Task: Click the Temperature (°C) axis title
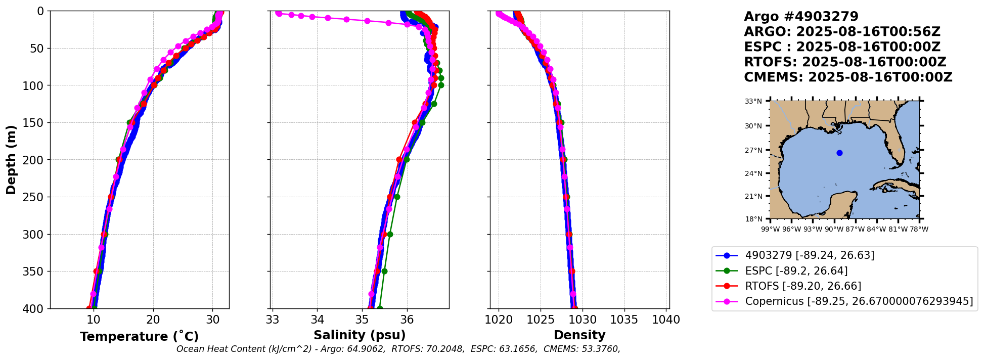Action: pos(139,337)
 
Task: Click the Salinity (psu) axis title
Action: pos(360,335)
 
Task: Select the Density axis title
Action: pos(579,335)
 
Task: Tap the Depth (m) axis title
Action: pos(11,160)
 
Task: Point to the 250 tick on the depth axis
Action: pos(35,197)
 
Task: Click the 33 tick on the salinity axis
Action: pos(273,320)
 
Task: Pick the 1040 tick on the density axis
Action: pos(666,320)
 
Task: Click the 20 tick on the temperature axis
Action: pos(153,320)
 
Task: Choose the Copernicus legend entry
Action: pos(859,301)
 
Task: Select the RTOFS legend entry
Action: pos(803,286)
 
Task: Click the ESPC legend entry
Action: pos(796,271)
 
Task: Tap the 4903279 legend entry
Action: pos(810,255)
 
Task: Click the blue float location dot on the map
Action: pos(839,153)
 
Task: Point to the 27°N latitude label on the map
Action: pos(753,150)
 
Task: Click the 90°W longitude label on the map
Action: pos(834,229)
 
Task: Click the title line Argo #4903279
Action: pos(801,17)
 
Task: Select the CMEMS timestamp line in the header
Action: pos(848,77)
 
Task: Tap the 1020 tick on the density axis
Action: pos(499,320)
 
